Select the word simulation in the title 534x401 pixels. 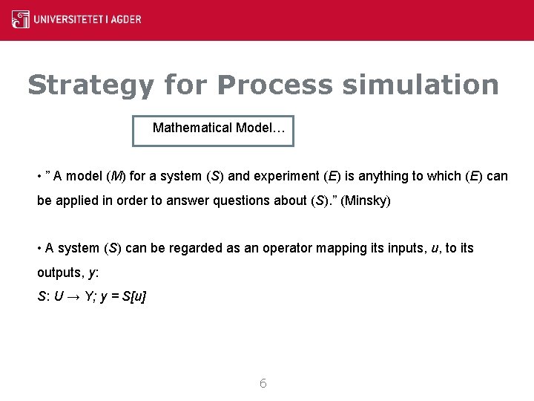click(x=421, y=85)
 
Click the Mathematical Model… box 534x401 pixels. click(x=213, y=131)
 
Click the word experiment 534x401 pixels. click(x=284, y=176)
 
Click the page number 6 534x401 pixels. click(x=263, y=384)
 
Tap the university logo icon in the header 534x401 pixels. click(x=21, y=19)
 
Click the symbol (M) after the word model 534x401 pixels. click(x=116, y=176)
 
